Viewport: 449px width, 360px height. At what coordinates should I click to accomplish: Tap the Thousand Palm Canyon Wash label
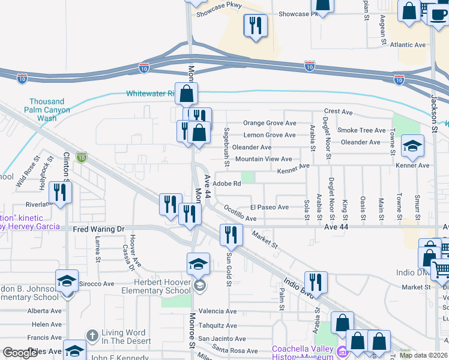click(x=47, y=110)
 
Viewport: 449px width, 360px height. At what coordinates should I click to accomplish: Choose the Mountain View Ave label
click(x=264, y=159)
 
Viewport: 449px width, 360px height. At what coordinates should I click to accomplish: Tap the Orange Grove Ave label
click(x=270, y=123)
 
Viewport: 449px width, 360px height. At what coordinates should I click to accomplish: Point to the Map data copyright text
click(x=423, y=355)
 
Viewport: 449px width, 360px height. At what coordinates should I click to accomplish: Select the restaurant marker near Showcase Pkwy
click(x=256, y=26)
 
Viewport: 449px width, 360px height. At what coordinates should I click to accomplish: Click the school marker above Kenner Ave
click(x=412, y=146)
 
